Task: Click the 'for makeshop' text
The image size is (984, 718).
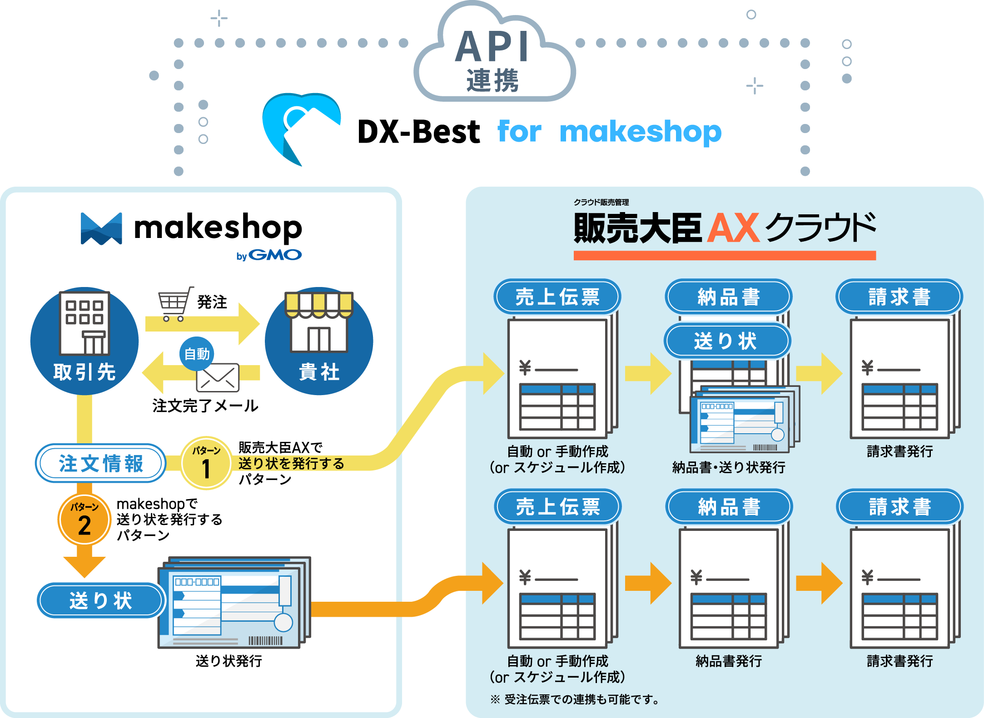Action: pyautogui.click(x=609, y=132)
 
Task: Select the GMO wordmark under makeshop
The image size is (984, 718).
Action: pyautogui.click(x=274, y=255)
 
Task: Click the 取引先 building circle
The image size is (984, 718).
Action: pyautogui.click(x=84, y=341)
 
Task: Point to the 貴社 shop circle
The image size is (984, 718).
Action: pyautogui.click(x=319, y=341)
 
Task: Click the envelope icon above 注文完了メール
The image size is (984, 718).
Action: pyautogui.click(x=218, y=377)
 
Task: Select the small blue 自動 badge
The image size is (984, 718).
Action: pyautogui.click(x=197, y=354)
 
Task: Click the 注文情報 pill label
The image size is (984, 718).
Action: pyautogui.click(x=101, y=463)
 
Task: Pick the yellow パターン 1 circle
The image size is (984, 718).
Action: pyautogui.click(x=206, y=463)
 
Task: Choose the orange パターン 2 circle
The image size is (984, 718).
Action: pyautogui.click(x=84, y=519)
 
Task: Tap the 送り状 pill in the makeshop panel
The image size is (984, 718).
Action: pyautogui.click(x=101, y=600)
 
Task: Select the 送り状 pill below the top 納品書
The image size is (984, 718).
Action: pyautogui.click(x=727, y=341)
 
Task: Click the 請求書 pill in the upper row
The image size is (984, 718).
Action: pyautogui.click(x=899, y=297)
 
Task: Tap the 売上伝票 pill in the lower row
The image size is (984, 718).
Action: pyautogui.click(x=558, y=507)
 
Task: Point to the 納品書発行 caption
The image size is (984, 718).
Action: pyautogui.click(x=729, y=661)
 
